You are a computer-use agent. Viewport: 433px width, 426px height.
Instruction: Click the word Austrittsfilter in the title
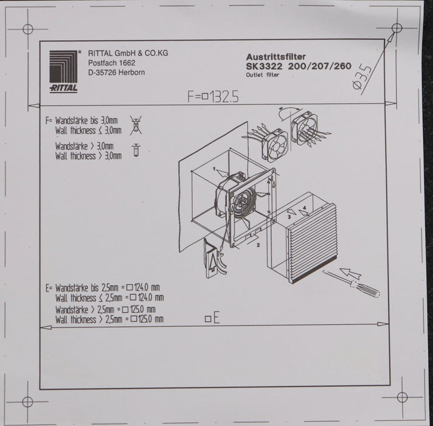275,57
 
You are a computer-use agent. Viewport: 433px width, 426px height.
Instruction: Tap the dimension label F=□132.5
213,96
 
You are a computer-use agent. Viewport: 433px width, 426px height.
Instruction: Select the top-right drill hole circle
397,28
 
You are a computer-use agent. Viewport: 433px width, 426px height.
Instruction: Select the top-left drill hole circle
28,29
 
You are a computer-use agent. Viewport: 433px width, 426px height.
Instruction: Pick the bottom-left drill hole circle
27,402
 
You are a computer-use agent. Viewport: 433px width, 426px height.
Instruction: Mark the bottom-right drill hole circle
402,397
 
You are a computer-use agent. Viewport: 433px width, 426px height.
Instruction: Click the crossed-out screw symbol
136,125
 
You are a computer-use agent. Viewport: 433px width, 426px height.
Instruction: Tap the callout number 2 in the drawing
258,245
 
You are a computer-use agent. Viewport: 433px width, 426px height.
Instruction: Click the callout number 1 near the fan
214,169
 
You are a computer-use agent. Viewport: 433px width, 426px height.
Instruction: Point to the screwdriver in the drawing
352,284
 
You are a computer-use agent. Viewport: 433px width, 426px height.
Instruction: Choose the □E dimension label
212,318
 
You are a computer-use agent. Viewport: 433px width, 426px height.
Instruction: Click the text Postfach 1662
111,63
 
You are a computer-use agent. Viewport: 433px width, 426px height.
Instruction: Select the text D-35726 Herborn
116,72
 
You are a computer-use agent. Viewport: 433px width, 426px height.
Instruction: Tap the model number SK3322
264,66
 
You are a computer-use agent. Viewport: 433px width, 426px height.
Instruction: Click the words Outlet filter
263,75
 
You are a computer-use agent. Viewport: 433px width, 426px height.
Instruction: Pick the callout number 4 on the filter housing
305,207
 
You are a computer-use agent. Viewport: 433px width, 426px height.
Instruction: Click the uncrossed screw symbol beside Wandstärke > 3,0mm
136,150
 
